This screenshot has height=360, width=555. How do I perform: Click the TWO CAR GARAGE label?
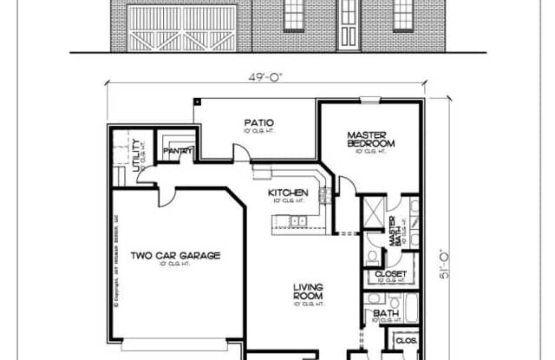pos(175,255)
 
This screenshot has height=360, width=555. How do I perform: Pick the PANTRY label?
pos(178,150)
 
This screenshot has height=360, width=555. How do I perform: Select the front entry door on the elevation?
pos(348,21)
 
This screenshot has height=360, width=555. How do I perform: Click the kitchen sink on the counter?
pos(297,222)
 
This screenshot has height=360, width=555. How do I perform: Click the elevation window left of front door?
pos(294,10)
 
